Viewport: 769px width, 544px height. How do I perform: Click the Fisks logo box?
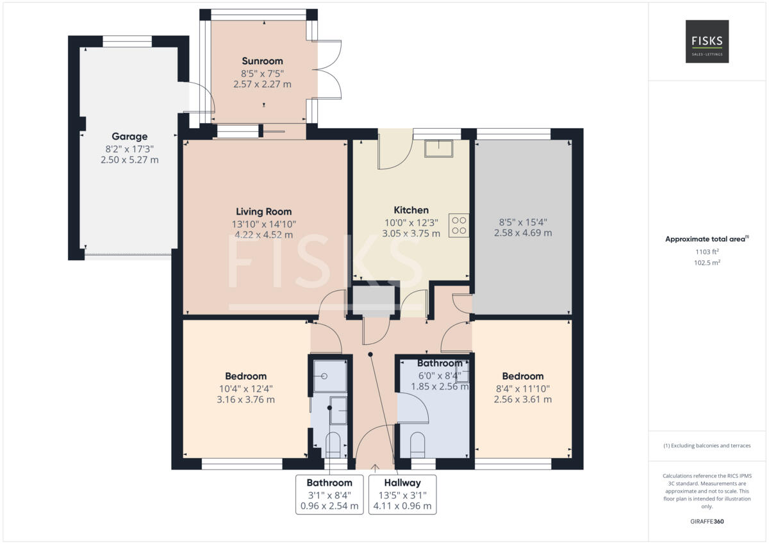point(707,41)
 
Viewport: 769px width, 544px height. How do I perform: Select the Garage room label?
point(129,136)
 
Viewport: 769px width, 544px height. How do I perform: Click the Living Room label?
point(263,211)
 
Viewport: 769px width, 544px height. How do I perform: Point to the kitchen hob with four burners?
point(459,225)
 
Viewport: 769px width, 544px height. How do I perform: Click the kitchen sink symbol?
point(439,148)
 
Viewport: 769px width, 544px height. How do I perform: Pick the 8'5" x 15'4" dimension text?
point(522,222)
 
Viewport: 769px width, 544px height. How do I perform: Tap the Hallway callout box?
point(402,494)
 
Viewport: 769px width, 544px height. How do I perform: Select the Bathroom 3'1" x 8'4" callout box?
point(329,494)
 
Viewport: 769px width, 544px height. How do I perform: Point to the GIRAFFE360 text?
point(707,522)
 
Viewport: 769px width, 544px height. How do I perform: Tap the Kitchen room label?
point(411,210)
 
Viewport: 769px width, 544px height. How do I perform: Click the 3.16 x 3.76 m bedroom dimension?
point(245,400)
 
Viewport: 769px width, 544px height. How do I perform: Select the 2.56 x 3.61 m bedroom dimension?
point(522,399)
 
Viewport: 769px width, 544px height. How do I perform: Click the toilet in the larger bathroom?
point(417,444)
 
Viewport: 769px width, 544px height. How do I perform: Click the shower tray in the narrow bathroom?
point(331,376)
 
